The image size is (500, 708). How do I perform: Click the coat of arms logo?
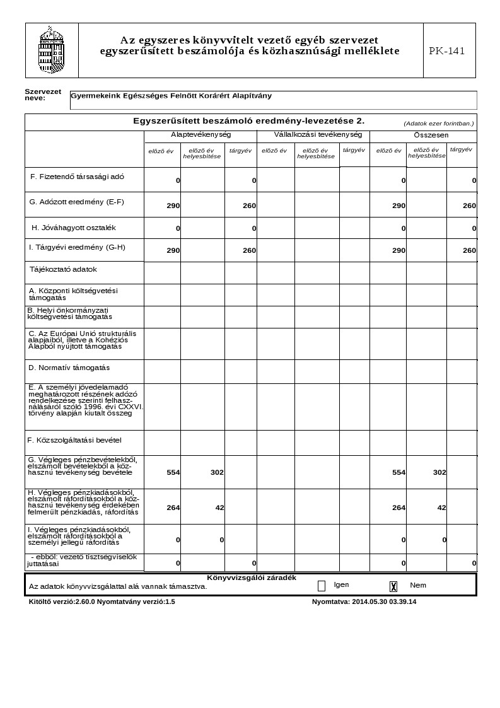click(x=52, y=50)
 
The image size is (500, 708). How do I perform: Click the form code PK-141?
click(x=447, y=51)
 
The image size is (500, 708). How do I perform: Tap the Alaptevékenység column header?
click(x=201, y=135)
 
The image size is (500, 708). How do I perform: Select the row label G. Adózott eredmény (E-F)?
click(x=77, y=202)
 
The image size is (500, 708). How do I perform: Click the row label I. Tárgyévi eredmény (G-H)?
click(x=77, y=247)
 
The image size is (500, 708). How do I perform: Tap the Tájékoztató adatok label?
click(x=63, y=269)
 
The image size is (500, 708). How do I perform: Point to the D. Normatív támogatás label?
click(x=69, y=368)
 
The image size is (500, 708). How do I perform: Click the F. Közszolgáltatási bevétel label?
click(x=74, y=440)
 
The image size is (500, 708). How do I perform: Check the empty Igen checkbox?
click(x=322, y=586)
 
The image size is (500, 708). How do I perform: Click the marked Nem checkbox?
click(x=393, y=586)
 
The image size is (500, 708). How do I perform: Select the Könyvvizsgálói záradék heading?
click(x=251, y=577)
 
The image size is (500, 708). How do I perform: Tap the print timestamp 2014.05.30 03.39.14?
click(x=384, y=601)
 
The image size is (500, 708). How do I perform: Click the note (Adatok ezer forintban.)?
click(x=438, y=124)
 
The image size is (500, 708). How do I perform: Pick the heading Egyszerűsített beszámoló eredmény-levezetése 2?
click(x=248, y=120)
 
